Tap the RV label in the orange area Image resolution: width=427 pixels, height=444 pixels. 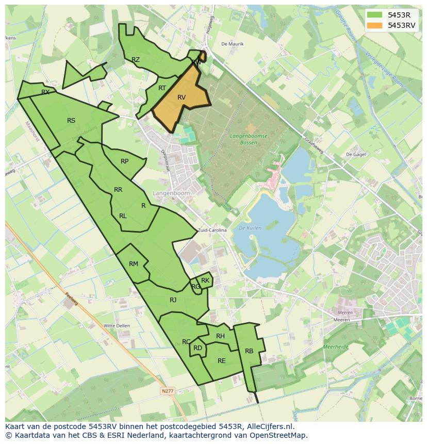coord(182,97)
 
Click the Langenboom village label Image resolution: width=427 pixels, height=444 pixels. coord(171,193)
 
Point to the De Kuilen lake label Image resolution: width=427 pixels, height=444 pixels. coord(250,227)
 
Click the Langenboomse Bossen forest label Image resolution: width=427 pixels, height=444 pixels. coord(250,139)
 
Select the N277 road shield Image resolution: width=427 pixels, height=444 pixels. coord(168,391)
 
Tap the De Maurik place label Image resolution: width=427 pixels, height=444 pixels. coord(232,44)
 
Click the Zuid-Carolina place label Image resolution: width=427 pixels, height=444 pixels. coord(212,231)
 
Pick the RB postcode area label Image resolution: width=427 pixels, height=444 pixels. coord(249,351)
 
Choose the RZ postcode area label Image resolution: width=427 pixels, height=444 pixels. coord(136,60)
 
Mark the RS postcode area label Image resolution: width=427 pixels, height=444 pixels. coord(71,121)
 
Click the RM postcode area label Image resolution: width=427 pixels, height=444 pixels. coord(134,264)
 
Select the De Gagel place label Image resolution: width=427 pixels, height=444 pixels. coord(355,154)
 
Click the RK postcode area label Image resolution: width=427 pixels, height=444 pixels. coord(205,281)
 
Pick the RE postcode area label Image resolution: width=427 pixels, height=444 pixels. coord(222,361)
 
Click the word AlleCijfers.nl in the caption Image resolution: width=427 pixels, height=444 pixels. coord(267,426)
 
